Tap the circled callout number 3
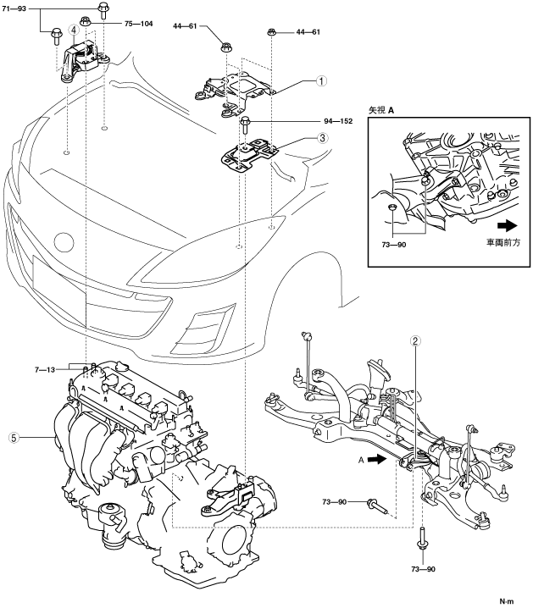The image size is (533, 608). point(322,137)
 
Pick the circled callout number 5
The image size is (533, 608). point(13,438)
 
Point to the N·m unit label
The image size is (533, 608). point(507,600)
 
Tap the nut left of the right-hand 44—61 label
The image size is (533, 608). point(272,32)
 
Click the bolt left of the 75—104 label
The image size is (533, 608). point(86,22)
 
